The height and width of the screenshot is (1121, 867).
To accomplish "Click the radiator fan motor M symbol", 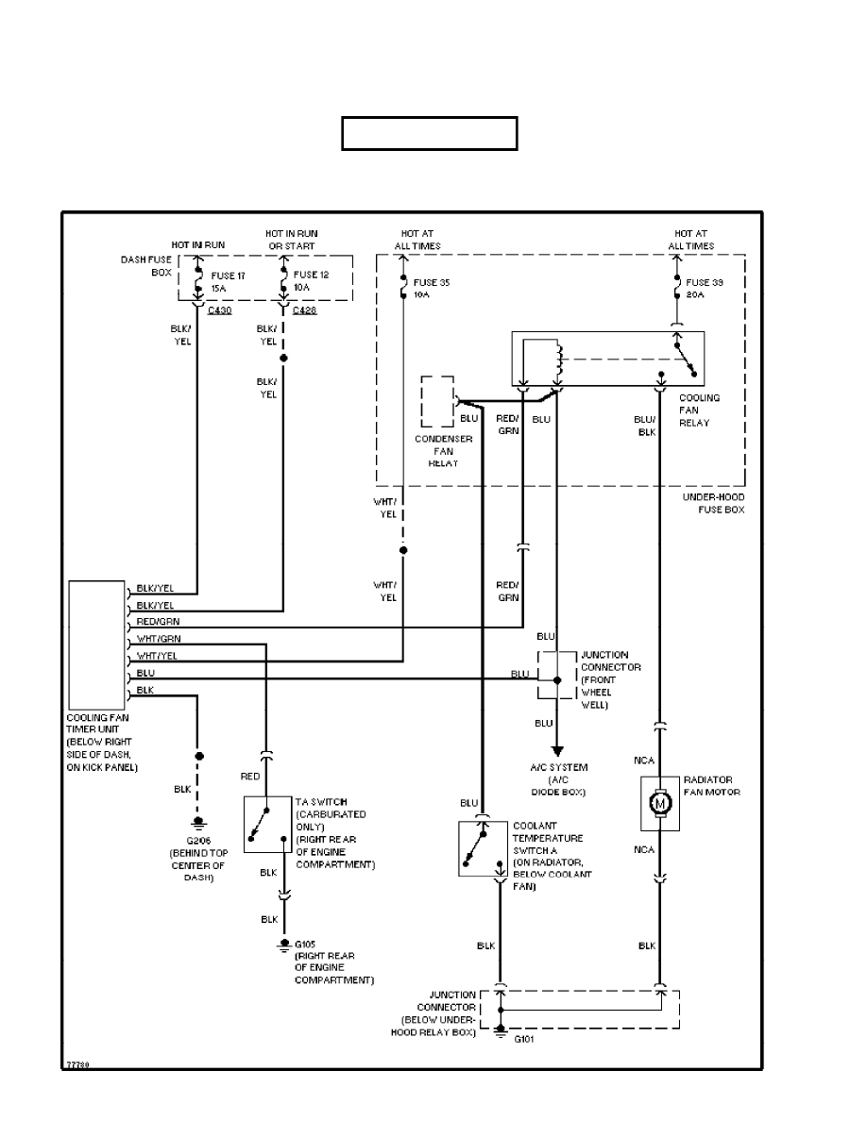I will [660, 804].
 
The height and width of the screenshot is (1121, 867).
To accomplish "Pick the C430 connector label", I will [218, 310].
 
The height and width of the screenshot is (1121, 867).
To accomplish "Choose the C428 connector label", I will [304, 310].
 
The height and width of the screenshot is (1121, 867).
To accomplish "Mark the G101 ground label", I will [525, 1039].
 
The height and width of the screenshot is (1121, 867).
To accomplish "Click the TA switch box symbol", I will [267, 824].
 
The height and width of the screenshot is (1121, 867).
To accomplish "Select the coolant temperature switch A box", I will [483, 848].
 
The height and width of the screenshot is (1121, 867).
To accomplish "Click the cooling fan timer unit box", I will [97, 644].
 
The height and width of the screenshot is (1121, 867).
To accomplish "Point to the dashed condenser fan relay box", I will [438, 402].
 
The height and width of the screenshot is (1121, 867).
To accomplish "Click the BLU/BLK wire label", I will [645, 426].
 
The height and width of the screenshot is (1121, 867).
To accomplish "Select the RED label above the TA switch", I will [250, 776].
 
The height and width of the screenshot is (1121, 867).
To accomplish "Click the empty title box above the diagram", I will [429, 134].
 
